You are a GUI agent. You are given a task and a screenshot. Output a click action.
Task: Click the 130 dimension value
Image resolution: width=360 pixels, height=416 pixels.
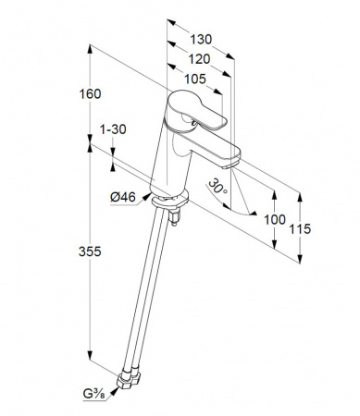(x=201, y=40)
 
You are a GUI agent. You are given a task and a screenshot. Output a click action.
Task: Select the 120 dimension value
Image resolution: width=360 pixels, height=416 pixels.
(x=199, y=59)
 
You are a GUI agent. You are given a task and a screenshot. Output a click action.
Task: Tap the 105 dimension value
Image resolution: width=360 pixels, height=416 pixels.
(x=195, y=79)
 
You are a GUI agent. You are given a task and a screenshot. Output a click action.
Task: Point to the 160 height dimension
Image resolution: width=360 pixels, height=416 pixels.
(x=90, y=94)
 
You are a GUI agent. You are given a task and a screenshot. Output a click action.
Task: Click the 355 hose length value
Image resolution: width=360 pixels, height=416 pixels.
(x=90, y=251)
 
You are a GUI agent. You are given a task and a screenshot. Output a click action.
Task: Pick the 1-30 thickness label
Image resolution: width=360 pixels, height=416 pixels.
(x=113, y=129)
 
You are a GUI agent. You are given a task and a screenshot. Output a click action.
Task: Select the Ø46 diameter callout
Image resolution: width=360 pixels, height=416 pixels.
(x=123, y=197)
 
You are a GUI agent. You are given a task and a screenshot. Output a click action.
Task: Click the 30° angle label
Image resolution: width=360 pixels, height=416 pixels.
(x=217, y=187)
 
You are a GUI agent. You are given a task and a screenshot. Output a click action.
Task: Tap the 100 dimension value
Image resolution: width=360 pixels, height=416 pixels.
(x=275, y=220)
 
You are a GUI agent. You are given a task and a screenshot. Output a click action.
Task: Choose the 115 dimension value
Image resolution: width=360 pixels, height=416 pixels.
(x=300, y=229)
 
